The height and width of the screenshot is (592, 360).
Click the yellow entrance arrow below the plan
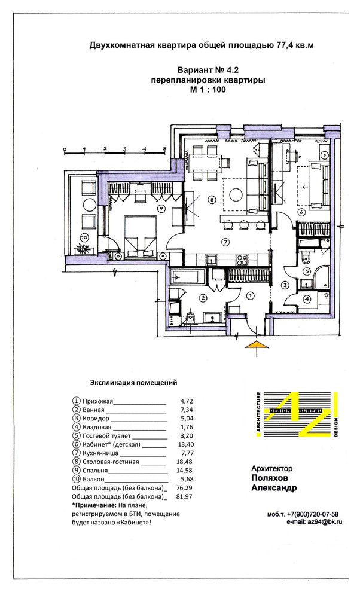coord(257,344)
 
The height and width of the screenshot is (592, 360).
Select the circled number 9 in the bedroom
coord(161,208)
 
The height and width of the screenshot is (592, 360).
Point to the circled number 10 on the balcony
coord(84,237)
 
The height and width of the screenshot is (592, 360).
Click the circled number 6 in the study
coord(301,212)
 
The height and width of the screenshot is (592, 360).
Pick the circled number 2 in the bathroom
coord(203,298)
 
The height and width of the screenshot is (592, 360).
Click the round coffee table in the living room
coord(236,195)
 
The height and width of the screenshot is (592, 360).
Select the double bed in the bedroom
coord(140,237)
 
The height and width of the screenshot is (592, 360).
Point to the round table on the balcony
coord(90,205)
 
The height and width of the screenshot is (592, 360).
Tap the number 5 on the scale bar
coord(164,148)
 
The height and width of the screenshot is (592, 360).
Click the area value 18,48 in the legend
coord(184,462)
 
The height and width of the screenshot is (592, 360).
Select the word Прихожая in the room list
coord(97,401)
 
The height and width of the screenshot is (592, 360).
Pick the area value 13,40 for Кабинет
coord(184,444)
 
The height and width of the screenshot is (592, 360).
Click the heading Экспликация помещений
coord(133,383)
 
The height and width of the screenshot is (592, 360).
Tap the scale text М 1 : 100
coord(208,90)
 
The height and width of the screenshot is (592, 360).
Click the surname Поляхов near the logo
coord(269,478)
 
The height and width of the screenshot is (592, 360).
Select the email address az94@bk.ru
coord(325,522)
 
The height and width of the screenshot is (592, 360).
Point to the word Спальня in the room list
coord(95,471)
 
